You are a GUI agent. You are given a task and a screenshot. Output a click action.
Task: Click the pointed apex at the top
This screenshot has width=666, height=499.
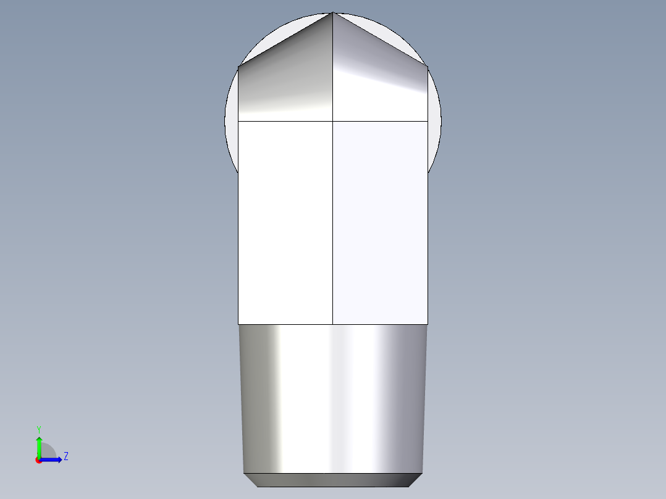(x=333, y=13)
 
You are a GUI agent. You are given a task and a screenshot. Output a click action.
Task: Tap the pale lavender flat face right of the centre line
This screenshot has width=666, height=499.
(x=380, y=222)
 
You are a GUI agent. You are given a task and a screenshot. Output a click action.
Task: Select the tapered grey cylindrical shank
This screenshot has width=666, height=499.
(x=333, y=398)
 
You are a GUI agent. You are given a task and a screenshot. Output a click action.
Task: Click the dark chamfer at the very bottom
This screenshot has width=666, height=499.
(x=333, y=480)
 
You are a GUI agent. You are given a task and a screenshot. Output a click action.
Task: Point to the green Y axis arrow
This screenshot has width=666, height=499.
(x=39, y=443)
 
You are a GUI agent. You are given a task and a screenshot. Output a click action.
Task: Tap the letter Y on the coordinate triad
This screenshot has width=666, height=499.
(x=39, y=429)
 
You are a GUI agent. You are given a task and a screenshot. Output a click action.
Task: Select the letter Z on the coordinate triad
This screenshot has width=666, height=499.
(x=65, y=456)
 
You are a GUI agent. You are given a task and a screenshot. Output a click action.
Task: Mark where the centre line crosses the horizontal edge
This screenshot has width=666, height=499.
(x=333, y=121)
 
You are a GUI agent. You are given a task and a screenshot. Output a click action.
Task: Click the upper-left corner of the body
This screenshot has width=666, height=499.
(x=238, y=66)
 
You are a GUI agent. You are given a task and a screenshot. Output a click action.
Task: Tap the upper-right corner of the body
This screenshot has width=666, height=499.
(x=428, y=66)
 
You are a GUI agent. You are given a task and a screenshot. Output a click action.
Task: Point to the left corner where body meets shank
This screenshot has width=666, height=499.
(x=238, y=324)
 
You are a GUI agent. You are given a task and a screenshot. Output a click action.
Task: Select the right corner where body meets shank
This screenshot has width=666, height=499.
(x=428, y=324)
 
